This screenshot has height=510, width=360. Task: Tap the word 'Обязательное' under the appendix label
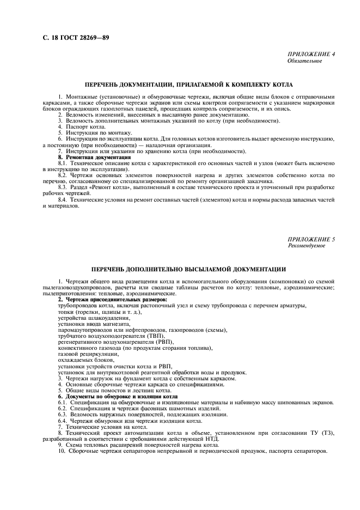[x=304, y=61]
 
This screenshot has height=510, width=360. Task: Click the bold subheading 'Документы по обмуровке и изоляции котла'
[x=121, y=396]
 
